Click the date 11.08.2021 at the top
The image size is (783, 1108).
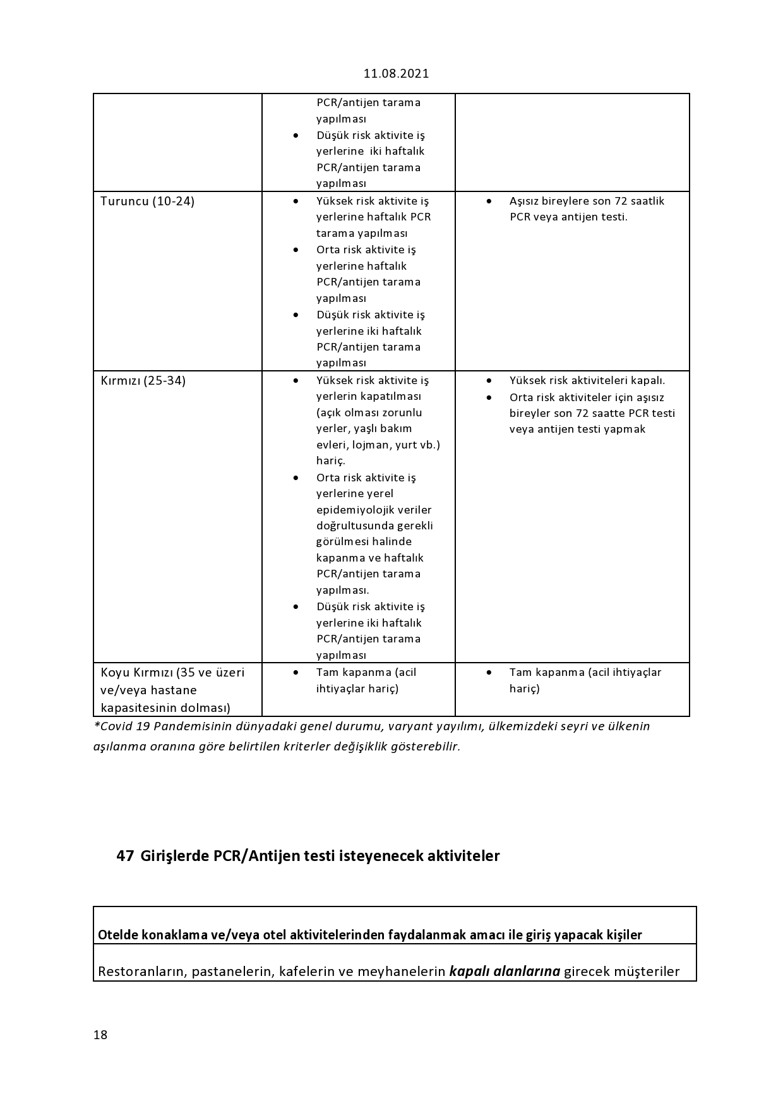click(x=396, y=73)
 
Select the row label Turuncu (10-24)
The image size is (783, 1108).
click(x=147, y=202)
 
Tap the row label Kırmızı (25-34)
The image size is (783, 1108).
click(x=143, y=381)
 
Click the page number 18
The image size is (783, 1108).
click(x=100, y=1035)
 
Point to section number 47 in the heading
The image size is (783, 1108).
click(x=125, y=856)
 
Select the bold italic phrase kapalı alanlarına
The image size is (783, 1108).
click(x=505, y=971)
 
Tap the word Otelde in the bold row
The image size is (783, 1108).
click(x=116, y=935)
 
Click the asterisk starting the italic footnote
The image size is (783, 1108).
click(x=97, y=725)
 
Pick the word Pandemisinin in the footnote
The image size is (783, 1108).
click(x=182, y=726)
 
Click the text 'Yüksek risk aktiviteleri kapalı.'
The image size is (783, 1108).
click(x=587, y=380)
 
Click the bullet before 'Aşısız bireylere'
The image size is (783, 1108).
click(x=489, y=201)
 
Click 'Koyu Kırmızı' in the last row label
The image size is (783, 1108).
click(x=136, y=672)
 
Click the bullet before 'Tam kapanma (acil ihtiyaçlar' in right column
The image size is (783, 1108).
click(x=489, y=672)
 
